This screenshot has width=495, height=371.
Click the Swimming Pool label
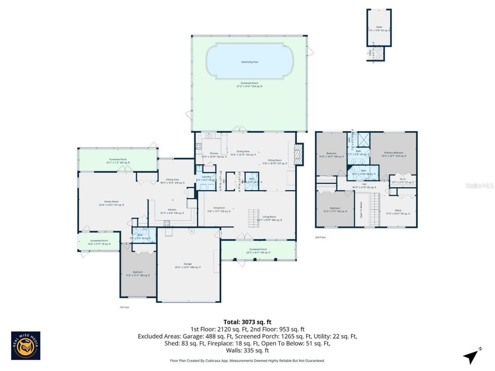249,62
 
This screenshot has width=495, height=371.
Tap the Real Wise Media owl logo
26,345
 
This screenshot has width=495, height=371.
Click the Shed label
379,27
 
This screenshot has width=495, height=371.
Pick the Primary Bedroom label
394,153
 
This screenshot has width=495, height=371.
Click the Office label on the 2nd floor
398,211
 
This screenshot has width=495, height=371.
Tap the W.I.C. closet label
403,179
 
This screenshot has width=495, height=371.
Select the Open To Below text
361,210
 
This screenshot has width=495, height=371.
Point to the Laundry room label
206,177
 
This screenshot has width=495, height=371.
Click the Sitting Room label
275,160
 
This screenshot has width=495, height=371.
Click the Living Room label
269,217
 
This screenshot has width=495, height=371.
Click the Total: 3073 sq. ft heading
247,322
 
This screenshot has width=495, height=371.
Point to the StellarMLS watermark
479,186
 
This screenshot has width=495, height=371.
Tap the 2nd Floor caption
320,237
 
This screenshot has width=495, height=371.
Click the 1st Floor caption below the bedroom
124,307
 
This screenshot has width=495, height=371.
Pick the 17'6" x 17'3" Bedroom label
138,272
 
